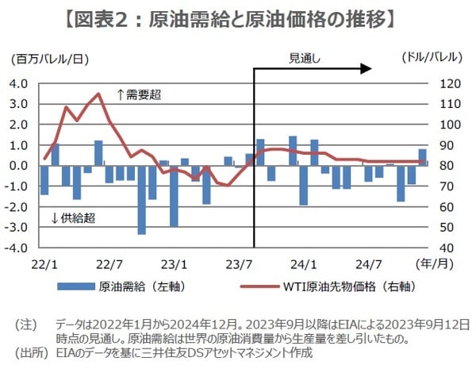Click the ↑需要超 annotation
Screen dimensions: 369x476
click(139, 94)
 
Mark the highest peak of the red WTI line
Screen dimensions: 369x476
click(98, 94)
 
